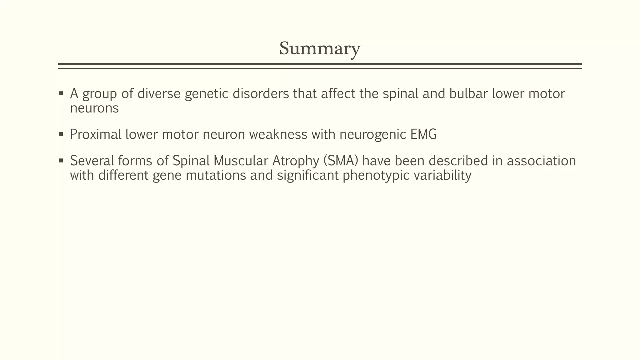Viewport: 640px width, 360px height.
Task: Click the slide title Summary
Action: pos(320,49)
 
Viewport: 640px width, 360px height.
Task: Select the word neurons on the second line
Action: pos(94,108)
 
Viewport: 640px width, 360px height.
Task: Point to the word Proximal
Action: pos(96,135)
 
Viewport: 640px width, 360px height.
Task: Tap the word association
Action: pos(541,161)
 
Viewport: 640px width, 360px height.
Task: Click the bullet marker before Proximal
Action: pos(61,135)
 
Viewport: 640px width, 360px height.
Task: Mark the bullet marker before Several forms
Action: pos(61,161)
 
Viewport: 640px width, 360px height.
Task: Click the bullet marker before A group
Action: pos(61,94)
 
